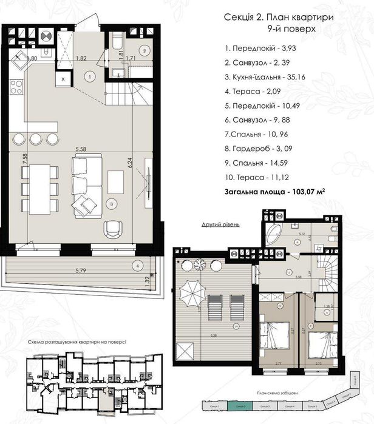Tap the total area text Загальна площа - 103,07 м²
274,190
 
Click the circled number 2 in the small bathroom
144,51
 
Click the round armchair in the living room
114,229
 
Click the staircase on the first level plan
127,93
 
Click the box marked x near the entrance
63,79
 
